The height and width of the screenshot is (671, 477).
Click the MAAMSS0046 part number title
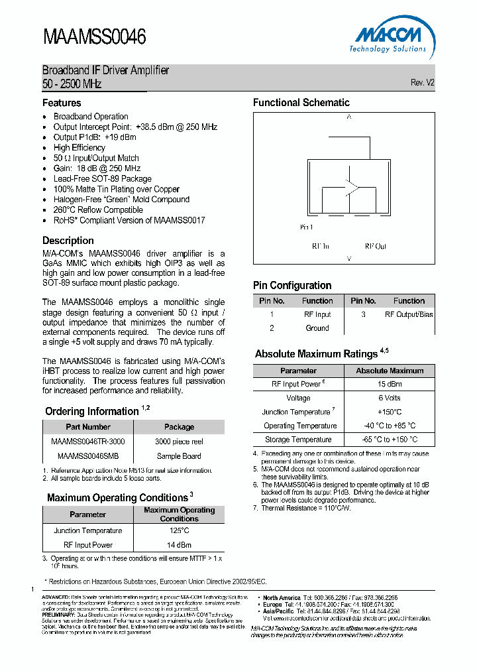[94, 36]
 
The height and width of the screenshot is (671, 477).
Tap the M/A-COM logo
[388, 38]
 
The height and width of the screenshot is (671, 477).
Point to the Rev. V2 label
[422, 83]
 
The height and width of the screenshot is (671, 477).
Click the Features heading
[62, 103]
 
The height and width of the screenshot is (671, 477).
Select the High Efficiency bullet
[79, 147]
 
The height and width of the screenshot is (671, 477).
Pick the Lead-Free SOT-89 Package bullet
[103, 178]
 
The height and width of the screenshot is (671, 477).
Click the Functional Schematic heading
[301, 102]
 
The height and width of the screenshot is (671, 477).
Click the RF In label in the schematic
[321, 246]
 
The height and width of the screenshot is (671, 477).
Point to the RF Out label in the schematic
[375, 246]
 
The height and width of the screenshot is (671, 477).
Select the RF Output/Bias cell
[409, 314]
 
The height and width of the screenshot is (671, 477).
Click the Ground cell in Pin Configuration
[317, 328]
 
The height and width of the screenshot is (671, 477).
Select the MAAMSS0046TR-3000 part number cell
[87, 441]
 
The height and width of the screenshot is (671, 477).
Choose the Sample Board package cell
[179, 456]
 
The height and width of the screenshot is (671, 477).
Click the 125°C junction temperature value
[178, 530]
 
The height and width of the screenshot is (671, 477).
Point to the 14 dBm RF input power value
[178, 545]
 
